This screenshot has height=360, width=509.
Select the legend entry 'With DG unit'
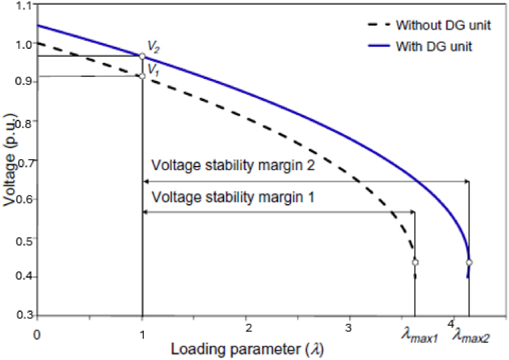click(435, 48)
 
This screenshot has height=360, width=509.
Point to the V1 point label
click(153, 67)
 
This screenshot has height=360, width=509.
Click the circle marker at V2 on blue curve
click(142, 57)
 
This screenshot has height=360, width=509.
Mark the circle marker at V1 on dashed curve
click(142, 76)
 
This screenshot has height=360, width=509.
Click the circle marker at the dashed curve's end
click(415, 262)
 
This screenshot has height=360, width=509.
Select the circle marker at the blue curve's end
click(469, 262)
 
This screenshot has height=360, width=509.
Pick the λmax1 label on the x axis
click(419, 338)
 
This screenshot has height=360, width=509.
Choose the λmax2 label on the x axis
click(471, 338)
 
